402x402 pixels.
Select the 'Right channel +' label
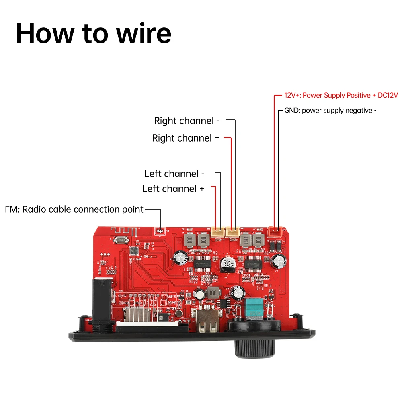click(x=186, y=138)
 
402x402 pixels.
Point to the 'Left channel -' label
click(x=174, y=174)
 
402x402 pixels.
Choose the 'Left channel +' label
click(x=173, y=189)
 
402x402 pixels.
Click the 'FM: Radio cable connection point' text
click(x=74, y=209)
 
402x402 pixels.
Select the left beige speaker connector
click(x=218, y=232)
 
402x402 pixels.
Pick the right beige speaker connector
click(x=233, y=232)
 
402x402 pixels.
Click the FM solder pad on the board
click(x=160, y=231)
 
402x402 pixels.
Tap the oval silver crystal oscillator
click(x=121, y=240)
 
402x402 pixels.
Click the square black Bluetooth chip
click(x=133, y=250)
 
